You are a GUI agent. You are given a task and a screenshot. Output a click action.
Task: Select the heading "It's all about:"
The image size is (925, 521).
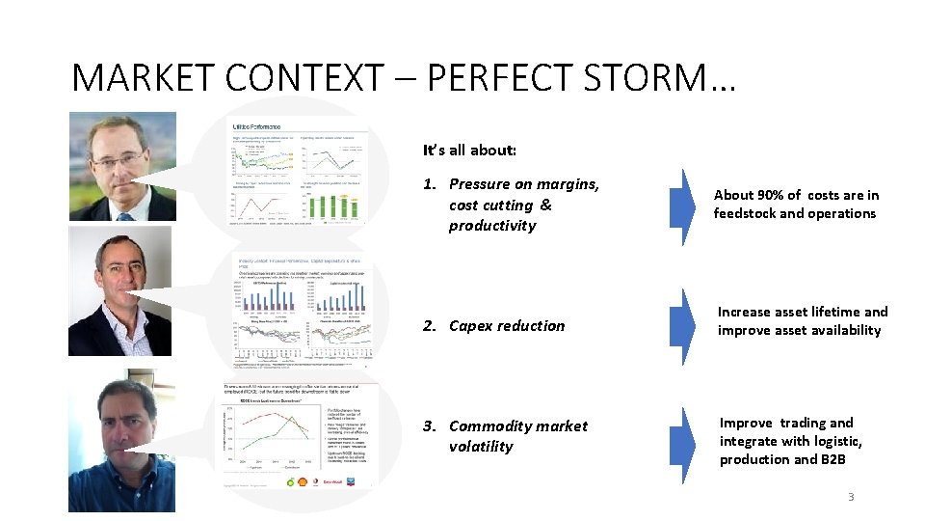pyautogui.click(x=469, y=151)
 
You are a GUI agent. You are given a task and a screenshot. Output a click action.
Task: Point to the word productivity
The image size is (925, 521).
pyautogui.click(x=492, y=226)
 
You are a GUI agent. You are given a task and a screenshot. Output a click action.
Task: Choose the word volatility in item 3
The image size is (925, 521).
pyautogui.click(x=481, y=447)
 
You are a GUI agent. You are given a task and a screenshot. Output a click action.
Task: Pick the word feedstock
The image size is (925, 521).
pyautogui.click(x=751, y=213)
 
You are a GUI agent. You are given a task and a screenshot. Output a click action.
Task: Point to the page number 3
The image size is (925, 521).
pyautogui.click(x=850, y=497)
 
